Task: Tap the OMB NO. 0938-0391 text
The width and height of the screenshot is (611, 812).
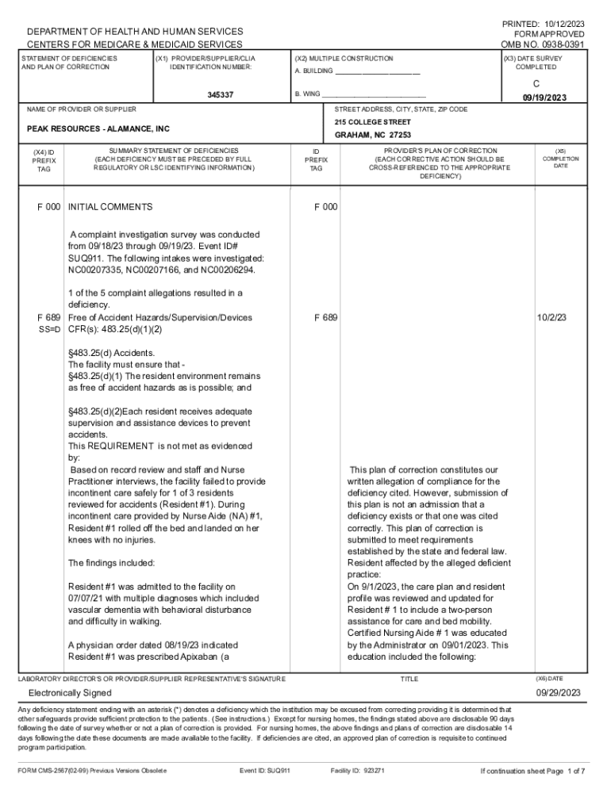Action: (x=543, y=45)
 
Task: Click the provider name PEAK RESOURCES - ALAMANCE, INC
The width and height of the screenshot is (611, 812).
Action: (x=98, y=128)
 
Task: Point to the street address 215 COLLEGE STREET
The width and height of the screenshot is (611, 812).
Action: (x=373, y=122)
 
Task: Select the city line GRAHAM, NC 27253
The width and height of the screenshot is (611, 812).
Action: (x=373, y=136)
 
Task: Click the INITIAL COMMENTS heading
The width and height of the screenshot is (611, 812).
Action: (x=110, y=207)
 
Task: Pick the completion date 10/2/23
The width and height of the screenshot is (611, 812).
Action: (x=554, y=317)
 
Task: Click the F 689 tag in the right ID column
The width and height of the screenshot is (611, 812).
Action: (x=325, y=317)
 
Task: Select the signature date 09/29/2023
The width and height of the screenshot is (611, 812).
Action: (x=559, y=692)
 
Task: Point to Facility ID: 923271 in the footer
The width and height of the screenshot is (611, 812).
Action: (x=357, y=771)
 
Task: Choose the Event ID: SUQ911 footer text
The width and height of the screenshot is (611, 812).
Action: (x=265, y=771)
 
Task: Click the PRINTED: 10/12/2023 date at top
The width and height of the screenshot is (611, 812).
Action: (x=543, y=23)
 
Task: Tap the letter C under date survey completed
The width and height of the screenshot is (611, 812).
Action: (x=536, y=83)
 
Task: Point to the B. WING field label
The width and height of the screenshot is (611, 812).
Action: (x=308, y=94)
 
